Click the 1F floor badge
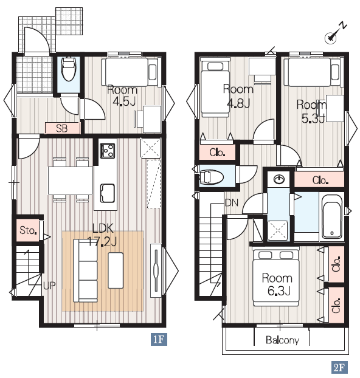pyautogui.click(x=159, y=340)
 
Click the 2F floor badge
pyautogui.click(x=339, y=367)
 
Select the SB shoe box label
pyautogui.click(x=62, y=128)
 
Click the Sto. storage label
pyautogui.click(x=28, y=230)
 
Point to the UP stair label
pyautogui.click(x=49, y=286)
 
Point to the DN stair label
pyautogui.click(x=232, y=203)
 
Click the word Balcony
pyautogui.click(x=283, y=340)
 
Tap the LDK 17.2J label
pyautogui.click(x=102, y=235)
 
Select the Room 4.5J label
pyautogui.click(x=123, y=95)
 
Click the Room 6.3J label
pyautogui.click(x=277, y=284)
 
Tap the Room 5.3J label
pyautogui.click(x=311, y=111)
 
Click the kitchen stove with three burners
pyautogui.click(x=108, y=151)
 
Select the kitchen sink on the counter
pyautogui.click(x=108, y=193)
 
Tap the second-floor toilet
pyautogui.click(x=212, y=177)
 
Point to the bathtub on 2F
pyautogui.click(x=332, y=219)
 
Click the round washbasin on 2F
pyautogui.click(x=279, y=179)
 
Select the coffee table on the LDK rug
pyautogui.click(x=116, y=270)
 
